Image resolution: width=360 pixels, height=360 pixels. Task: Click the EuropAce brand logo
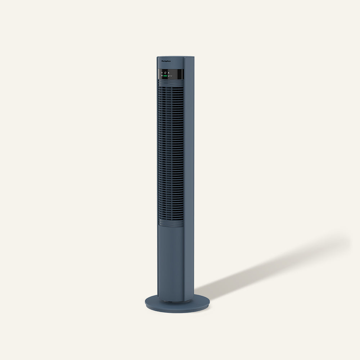pyautogui.click(x=166, y=62)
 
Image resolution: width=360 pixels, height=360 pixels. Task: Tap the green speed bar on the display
pyautogui.click(x=165, y=76)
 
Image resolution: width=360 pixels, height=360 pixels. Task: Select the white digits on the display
pyautogui.click(x=165, y=73)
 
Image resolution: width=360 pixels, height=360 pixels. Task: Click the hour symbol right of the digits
pyautogui.click(x=168, y=73)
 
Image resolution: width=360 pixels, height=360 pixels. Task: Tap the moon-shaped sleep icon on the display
pyautogui.click(x=168, y=76)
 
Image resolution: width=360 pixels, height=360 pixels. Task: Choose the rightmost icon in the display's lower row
pyautogui.click(x=171, y=76)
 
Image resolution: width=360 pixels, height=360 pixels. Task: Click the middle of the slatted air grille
pyautogui.click(x=171, y=151)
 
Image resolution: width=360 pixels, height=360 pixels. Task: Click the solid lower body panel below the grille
pyautogui.click(x=171, y=259)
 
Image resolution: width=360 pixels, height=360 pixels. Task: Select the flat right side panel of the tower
pyautogui.click(x=189, y=180)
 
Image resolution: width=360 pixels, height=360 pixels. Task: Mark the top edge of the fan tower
pyautogui.click(x=175, y=57)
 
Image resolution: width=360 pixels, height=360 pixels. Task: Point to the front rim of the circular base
pyautogui.click(x=176, y=310)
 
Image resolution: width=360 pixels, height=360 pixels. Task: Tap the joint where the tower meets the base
pyautogui.click(x=171, y=300)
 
